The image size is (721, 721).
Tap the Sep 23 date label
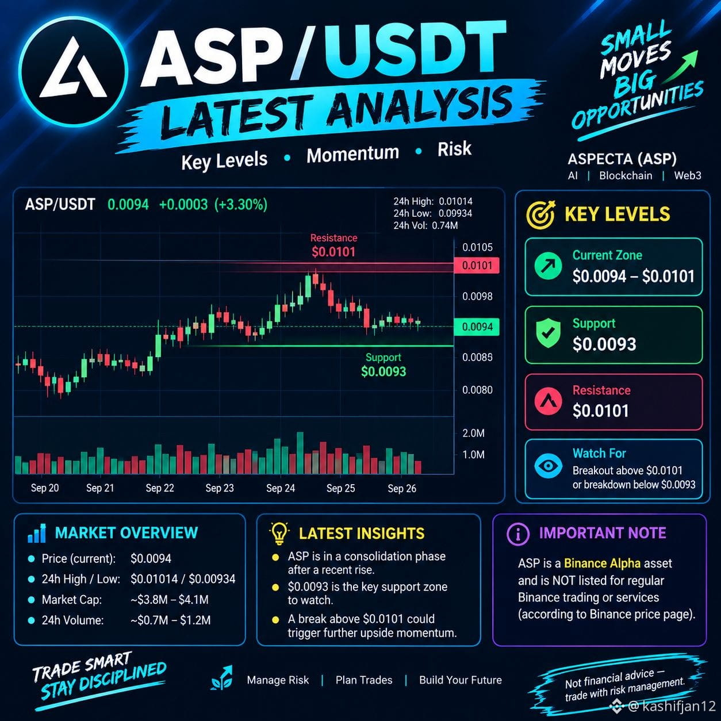(220, 488)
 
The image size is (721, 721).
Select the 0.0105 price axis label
(477, 247)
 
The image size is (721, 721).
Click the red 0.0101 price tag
(476, 266)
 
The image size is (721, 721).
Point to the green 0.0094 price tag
(476, 327)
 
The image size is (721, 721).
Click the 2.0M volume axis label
(473, 434)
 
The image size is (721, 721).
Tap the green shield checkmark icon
(548, 333)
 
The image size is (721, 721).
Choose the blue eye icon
(548, 466)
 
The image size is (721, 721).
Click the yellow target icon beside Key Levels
(540, 214)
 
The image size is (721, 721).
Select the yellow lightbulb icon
(279, 533)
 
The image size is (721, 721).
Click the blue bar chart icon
(37, 533)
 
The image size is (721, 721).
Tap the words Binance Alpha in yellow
(602, 563)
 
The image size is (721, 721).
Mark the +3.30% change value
(240, 205)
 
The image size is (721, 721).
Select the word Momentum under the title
(352, 154)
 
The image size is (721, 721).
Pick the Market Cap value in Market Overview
(170, 600)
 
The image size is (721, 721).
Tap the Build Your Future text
(460, 680)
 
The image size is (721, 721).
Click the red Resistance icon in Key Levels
(548, 401)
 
